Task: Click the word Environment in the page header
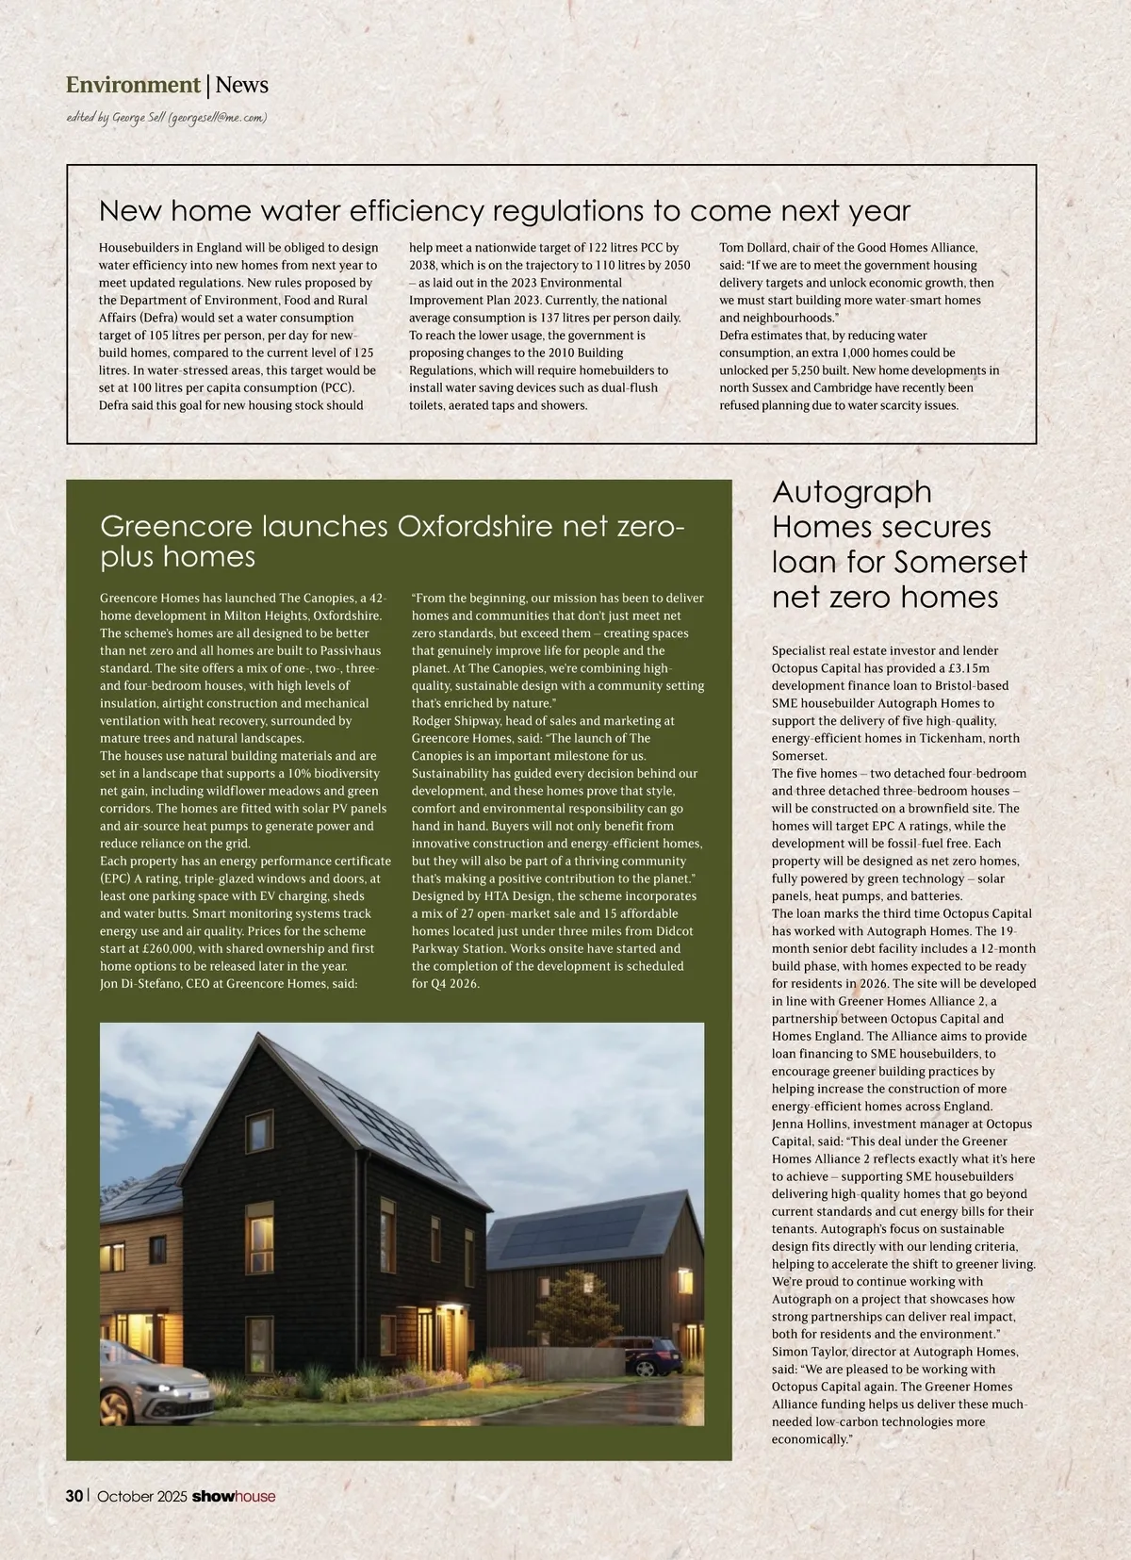click(x=133, y=85)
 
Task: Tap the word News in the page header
click(x=242, y=85)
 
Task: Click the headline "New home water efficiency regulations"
click(x=504, y=210)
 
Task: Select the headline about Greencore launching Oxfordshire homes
click(x=392, y=541)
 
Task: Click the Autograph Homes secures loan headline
click(x=899, y=544)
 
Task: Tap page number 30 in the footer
click(x=74, y=1496)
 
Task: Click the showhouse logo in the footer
click(x=234, y=1496)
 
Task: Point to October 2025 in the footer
click(x=142, y=1496)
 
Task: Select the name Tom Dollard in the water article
click(x=754, y=248)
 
